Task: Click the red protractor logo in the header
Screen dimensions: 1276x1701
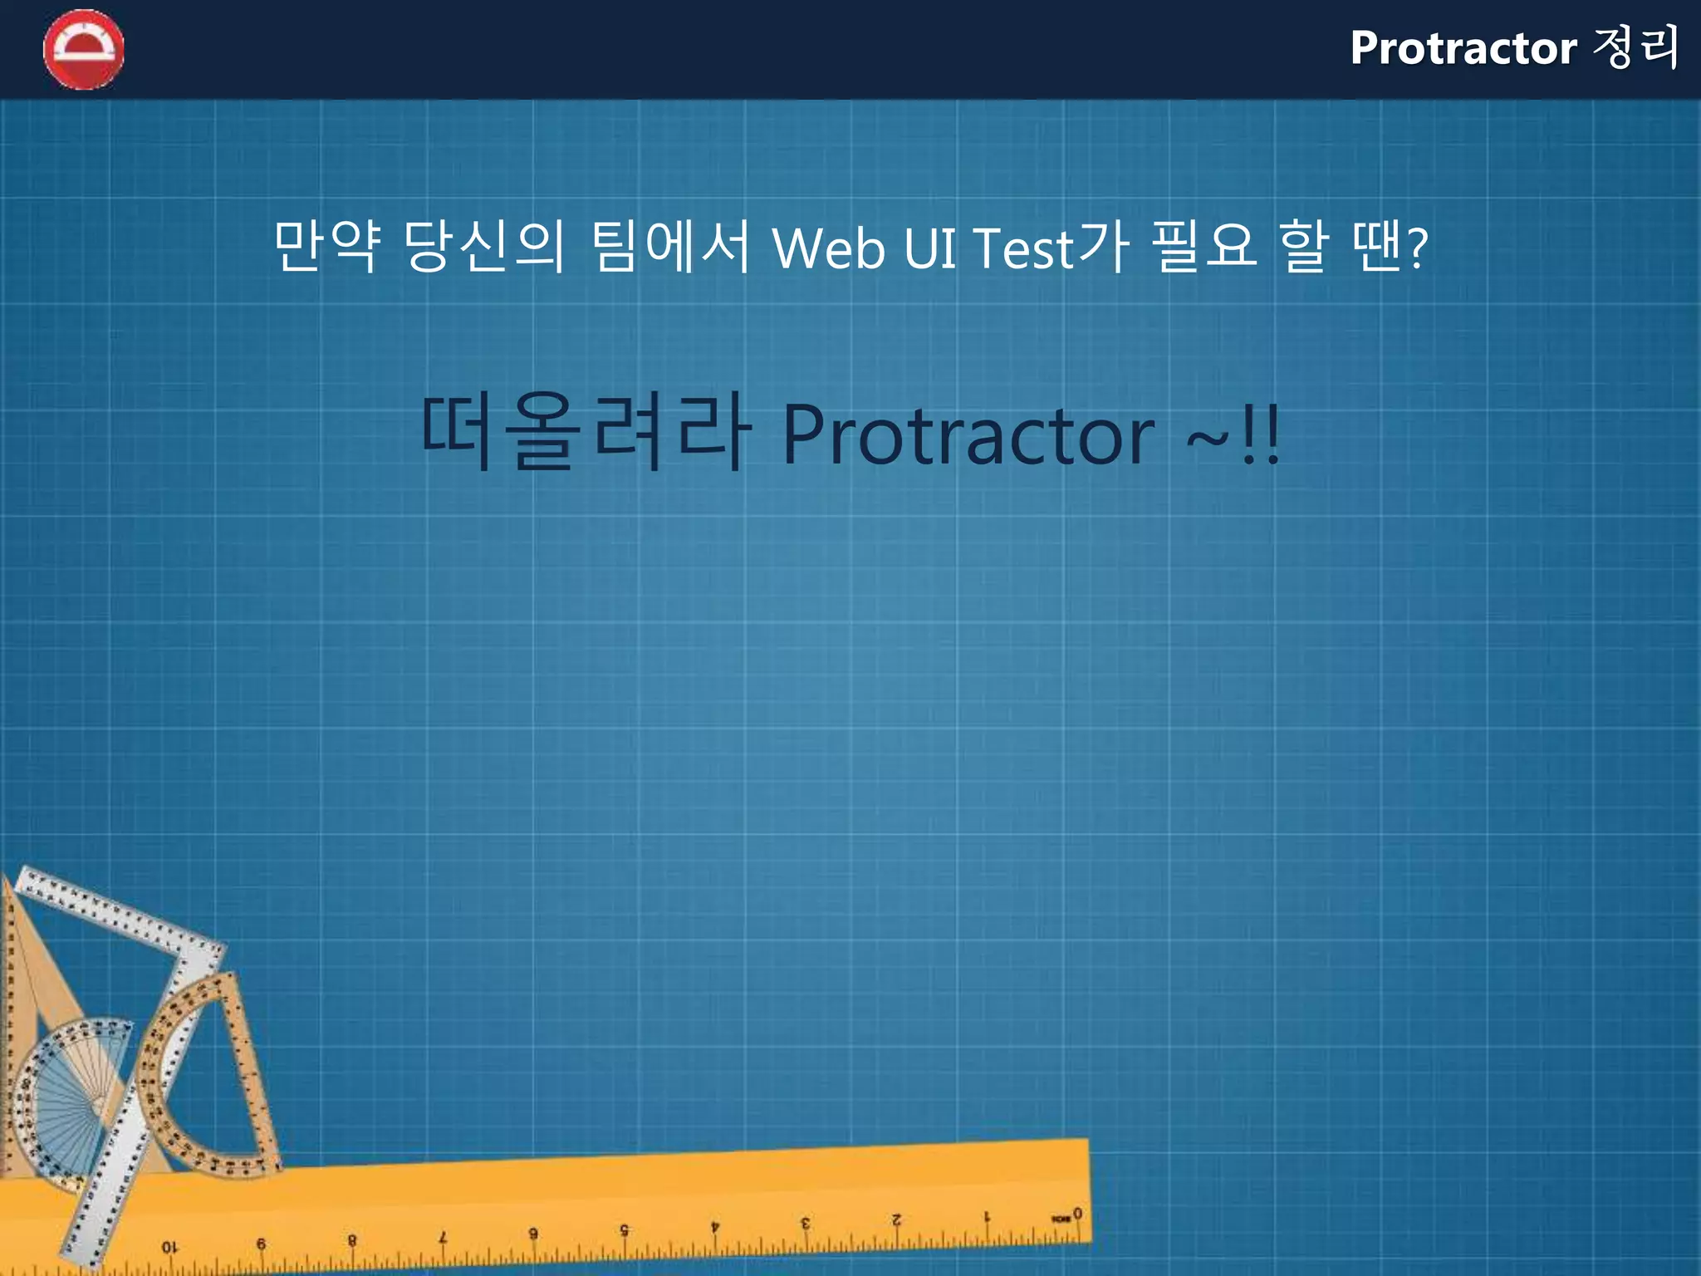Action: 84,50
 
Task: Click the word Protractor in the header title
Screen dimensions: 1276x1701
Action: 1463,48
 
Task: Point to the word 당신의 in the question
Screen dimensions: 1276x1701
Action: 485,246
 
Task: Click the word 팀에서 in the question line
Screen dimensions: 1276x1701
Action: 671,246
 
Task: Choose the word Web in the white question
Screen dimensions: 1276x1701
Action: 828,248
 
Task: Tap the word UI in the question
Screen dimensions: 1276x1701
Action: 929,248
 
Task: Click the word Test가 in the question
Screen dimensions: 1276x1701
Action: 1051,248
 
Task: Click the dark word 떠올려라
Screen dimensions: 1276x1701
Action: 586,432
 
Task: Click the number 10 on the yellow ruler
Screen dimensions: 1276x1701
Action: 169,1247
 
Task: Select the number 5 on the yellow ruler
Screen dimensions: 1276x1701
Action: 624,1230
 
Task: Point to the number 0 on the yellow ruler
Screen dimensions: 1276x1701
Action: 1077,1214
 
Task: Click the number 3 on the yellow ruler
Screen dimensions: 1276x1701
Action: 805,1223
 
